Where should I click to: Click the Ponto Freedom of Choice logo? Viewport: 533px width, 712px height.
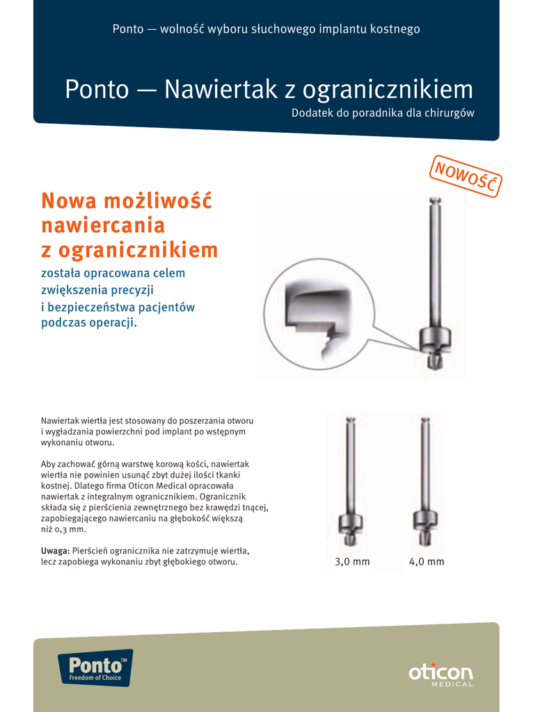95,668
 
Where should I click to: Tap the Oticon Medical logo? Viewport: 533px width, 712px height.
440,674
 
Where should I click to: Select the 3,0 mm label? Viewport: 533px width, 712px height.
352,562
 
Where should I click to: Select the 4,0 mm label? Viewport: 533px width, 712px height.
427,562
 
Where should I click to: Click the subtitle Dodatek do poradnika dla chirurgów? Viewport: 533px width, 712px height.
383,113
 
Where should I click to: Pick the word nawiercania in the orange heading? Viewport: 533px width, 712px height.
103,225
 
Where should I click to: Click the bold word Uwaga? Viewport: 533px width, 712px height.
55,550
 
